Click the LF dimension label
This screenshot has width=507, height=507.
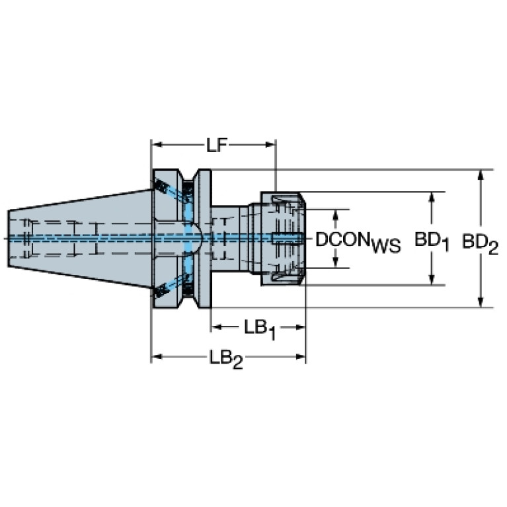(x=217, y=145)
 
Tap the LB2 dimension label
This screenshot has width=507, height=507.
(x=225, y=358)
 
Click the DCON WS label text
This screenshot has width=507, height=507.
(x=358, y=241)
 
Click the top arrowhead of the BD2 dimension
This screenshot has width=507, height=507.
(x=481, y=175)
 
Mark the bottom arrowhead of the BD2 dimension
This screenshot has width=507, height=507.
(x=481, y=301)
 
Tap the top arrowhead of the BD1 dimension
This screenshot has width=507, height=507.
(x=431, y=198)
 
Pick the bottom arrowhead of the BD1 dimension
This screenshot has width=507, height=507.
(x=431, y=280)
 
